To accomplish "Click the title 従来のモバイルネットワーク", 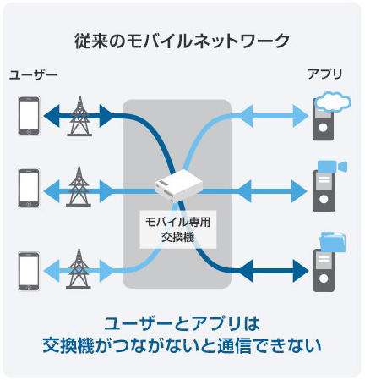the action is coord(182,41).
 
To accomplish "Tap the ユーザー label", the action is coord(33,75).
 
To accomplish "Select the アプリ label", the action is coord(325,74).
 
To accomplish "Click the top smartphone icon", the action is coord(29,116).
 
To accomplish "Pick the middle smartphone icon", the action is coord(29,188).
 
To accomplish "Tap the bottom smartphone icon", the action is coord(29,271).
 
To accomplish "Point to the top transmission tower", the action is coord(79,116).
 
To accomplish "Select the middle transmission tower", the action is coord(79,186).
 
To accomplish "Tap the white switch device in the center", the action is coord(178,185).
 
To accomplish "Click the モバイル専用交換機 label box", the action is coord(178,229).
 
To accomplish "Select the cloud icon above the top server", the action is coord(333,102).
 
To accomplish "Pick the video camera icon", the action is coord(332,167).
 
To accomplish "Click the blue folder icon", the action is coord(333,242).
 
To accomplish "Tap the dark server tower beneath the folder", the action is coord(324,271).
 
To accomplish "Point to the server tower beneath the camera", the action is coord(324,191).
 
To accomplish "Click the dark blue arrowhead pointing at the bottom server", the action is coord(301,271).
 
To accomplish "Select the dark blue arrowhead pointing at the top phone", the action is coord(52,116).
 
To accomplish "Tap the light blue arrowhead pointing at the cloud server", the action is coord(301,116).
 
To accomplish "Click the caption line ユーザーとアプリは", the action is coord(182,324).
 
